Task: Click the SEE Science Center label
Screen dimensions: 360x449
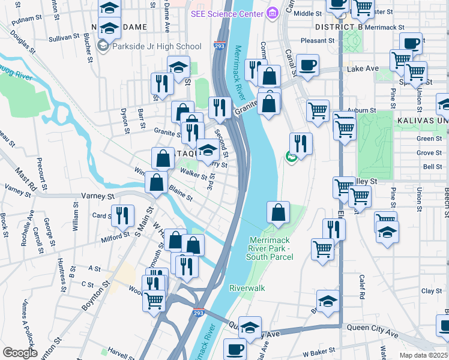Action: (x=228, y=13)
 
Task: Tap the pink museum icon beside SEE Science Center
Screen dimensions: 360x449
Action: (x=273, y=13)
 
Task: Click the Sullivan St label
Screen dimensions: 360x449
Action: (x=64, y=37)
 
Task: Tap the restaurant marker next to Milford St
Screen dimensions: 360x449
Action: (x=122, y=216)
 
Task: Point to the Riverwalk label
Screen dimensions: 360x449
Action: (x=247, y=288)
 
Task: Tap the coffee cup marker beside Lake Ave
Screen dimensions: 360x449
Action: (x=307, y=65)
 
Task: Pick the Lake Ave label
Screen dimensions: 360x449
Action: (x=363, y=69)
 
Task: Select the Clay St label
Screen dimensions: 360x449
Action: (x=431, y=291)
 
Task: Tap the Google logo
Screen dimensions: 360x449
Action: (x=20, y=353)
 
